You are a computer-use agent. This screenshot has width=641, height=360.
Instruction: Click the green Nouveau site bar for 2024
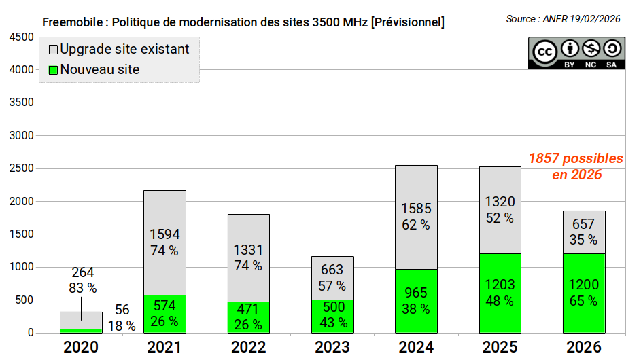click(416, 301)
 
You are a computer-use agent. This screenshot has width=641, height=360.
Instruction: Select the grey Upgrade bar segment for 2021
click(164, 242)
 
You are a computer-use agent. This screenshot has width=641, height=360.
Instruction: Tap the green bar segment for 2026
click(584, 293)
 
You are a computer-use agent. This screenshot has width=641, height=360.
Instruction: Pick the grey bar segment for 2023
click(332, 278)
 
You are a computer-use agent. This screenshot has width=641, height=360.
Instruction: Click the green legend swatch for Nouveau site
click(53, 70)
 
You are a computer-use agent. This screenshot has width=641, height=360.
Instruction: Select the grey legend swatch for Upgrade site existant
click(53, 50)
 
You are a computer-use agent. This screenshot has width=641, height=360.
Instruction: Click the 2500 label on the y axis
click(21, 168)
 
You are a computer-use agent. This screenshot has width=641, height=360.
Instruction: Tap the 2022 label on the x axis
click(249, 347)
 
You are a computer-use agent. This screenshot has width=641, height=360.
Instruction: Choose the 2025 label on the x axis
click(500, 347)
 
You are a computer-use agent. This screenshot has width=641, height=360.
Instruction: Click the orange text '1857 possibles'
click(576, 158)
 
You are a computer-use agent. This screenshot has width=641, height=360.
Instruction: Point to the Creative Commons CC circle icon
click(544, 52)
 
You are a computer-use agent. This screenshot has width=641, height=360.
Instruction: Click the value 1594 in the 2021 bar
click(164, 234)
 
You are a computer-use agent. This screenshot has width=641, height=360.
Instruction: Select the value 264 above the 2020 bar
click(82, 272)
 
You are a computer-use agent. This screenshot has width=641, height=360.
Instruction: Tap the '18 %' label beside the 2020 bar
click(122, 325)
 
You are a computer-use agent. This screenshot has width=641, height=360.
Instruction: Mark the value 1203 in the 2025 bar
click(500, 285)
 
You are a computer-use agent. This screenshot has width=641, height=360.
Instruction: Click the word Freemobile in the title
click(73, 22)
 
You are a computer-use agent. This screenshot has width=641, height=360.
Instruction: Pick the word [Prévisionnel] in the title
click(408, 22)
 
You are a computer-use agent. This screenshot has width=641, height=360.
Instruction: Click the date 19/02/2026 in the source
click(595, 19)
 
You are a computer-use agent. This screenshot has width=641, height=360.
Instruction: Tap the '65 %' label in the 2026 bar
click(583, 301)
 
